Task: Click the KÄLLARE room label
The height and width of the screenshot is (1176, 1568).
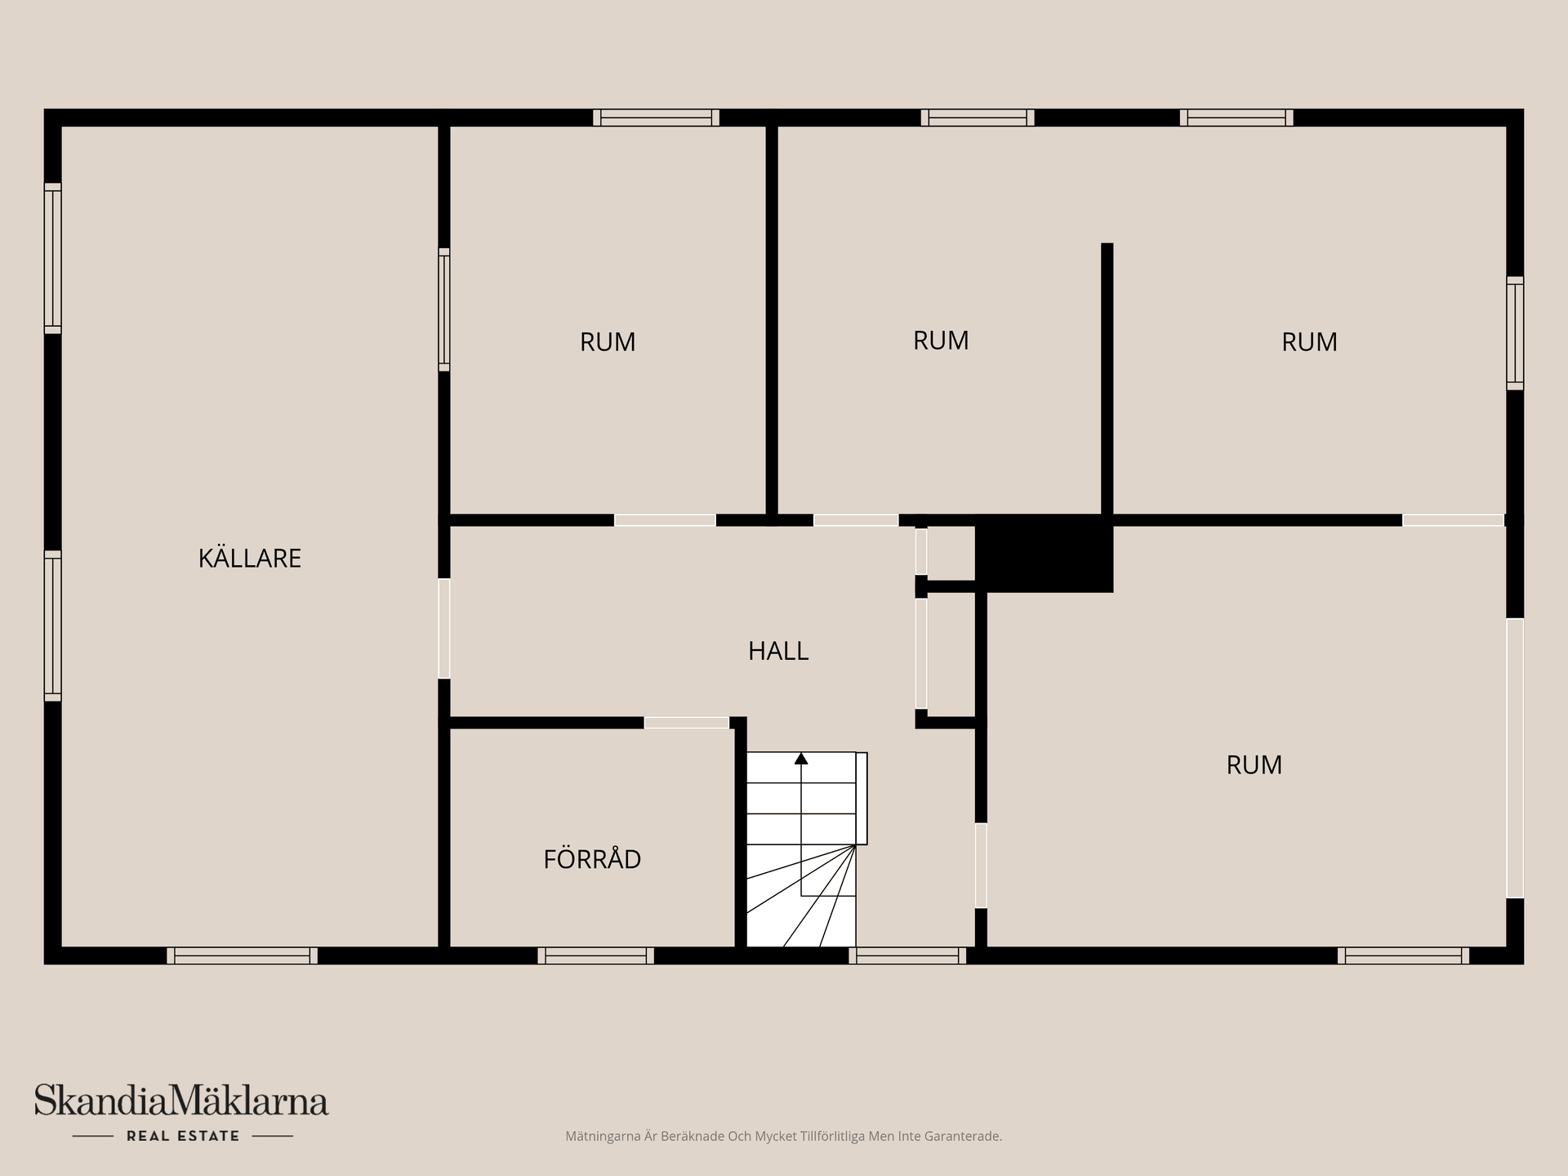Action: (x=250, y=559)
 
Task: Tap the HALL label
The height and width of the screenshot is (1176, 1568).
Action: (x=778, y=651)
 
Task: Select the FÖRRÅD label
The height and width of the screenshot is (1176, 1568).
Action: (x=592, y=859)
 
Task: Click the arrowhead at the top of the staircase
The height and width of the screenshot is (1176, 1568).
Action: (x=801, y=759)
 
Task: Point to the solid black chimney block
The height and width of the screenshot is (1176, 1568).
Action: (x=1045, y=553)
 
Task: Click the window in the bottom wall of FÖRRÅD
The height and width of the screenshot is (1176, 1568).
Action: (x=595, y=955)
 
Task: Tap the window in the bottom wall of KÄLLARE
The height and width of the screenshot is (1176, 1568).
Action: (x=243, y=955)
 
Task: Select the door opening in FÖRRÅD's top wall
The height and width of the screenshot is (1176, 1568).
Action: (x=686, y=723)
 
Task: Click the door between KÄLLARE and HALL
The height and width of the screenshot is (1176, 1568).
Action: (x=444, y=628)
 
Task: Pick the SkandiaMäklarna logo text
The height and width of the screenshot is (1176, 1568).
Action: (x=181, y=1101)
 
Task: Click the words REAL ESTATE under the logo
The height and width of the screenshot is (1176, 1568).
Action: (x=183, y=1136)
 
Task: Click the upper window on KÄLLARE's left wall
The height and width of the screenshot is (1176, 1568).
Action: (x=52, y=258)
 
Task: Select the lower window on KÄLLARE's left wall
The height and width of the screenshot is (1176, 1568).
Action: (x=52, y=626)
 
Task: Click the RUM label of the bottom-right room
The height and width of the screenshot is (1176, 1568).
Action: (x=1254, y=765)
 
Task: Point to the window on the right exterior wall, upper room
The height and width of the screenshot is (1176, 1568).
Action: (x=1515, y=332)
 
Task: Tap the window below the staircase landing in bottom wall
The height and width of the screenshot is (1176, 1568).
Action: (x=907, y=955)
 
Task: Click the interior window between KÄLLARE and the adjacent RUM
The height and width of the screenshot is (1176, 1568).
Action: (x=444, y=310)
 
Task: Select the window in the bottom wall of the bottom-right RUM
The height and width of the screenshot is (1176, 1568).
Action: (x=1403, y=955)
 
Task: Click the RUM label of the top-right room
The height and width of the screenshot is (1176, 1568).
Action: (x=1309, y=342)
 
